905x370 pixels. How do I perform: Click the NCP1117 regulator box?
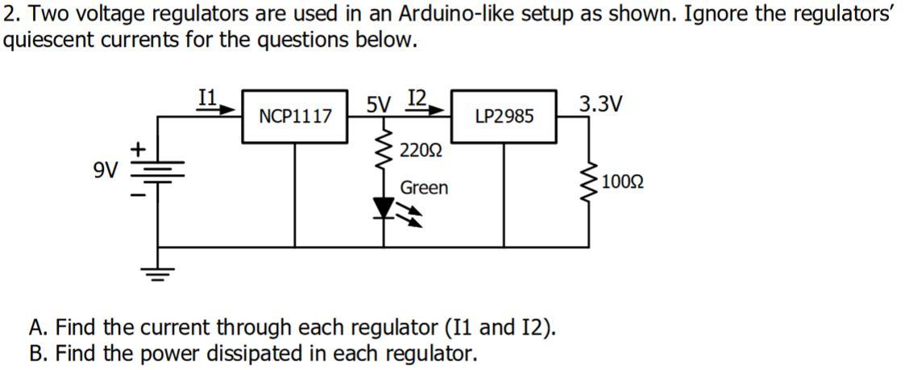[x=295, y=117]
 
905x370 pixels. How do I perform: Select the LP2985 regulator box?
[x=504, y=117]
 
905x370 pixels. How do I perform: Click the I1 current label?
[x=206, y=97]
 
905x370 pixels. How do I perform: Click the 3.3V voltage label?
[x=600, y=105]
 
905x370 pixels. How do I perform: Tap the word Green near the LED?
[x=424, y=188]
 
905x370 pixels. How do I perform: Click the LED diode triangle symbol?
[x=384, y=210]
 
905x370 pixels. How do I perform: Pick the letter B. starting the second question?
[x=37, y=353]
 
